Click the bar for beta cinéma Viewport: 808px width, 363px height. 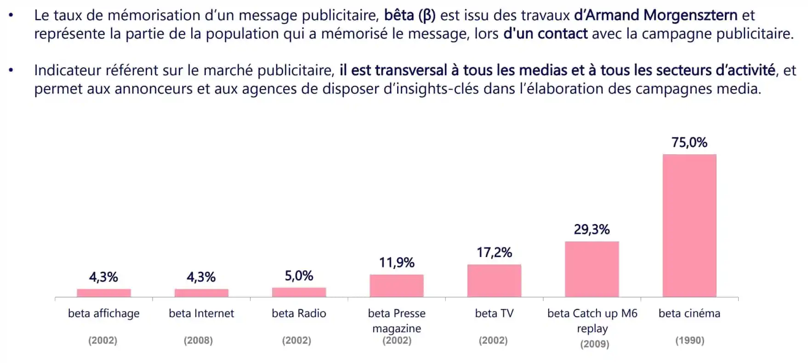pyautogui.click(x=689, y=225)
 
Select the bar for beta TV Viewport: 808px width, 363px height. pyautogui.click(x=494, y=280)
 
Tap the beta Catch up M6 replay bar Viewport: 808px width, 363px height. pyautogui.click(x=592, y=269)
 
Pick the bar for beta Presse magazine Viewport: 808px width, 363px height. pyautogui.click(x=396, y=285)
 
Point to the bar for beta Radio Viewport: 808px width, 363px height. pyautogui.click(x=299, y=292)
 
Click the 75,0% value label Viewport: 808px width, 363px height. pyautogui.click(x=689, y=143)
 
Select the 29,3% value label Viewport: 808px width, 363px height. pyautogui.click(x=592, y=229)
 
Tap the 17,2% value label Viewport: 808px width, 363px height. pyautogui.click(x=494, y=252)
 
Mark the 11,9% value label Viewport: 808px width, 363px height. pyautogui.click(x=396, y=262)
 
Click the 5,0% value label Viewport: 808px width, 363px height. pyautogui.click(x=299, y=276)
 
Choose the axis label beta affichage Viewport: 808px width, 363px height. pyautogui.click(x=103, y=313)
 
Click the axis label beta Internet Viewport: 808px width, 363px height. pyautogui.click(x=201, y=313)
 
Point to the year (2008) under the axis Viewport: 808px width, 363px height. pyautogui.click(x=198, y=341)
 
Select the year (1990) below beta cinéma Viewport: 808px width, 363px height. pyautogui.click(x=689, y=341)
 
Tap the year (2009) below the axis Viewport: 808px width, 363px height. pyautogui.click(x=594, y=344)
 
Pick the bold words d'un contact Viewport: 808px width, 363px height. pyautogui.click(x=545, y=34)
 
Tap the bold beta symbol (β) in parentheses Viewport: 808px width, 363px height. pyautogui.click(x=427, y=16)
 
